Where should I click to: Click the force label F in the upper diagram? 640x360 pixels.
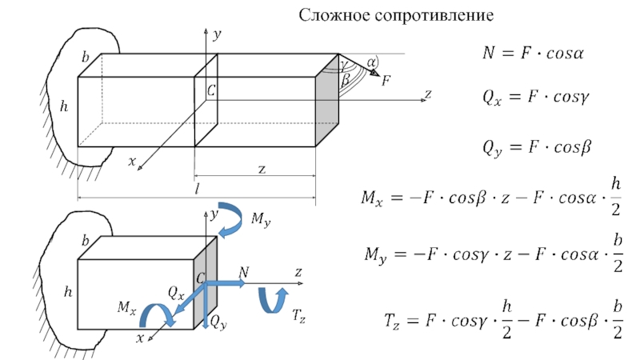click(x=386, y=80)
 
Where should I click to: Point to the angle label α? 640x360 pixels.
click(x=371, y=61)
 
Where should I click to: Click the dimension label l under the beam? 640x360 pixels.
click(x=196, y=189)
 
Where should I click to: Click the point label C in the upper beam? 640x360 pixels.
click(x=210, y=92)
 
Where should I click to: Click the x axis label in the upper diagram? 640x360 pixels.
click(x=132, y=161)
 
